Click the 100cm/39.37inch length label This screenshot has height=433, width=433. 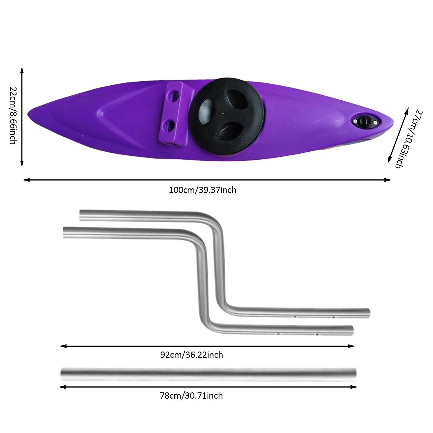point(202,190)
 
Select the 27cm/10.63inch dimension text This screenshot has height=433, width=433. point(409,139)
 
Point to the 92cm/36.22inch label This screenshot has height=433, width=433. point(192,355)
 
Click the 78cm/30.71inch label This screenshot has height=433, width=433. point(191,396)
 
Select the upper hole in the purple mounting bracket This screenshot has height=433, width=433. point(173,96)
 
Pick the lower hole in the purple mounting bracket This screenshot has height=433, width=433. point(170,126)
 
